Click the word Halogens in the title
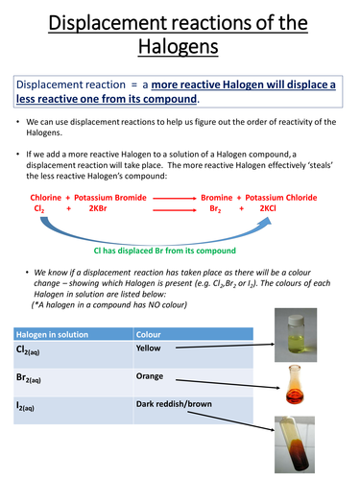(180, 45)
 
